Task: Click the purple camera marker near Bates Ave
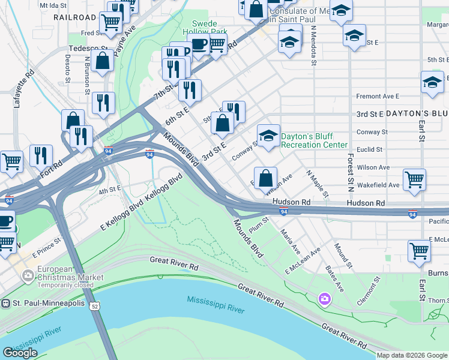tap(325, 298)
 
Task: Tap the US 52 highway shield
tap(94, 306)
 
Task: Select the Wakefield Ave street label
tap(378, 185)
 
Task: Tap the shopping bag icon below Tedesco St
tap(103, 61)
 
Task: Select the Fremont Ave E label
tap(378, 96)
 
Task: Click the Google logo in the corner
tap(20, 352)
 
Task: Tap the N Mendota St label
tap(314, 45)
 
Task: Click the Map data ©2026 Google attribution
tap(412, 355)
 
